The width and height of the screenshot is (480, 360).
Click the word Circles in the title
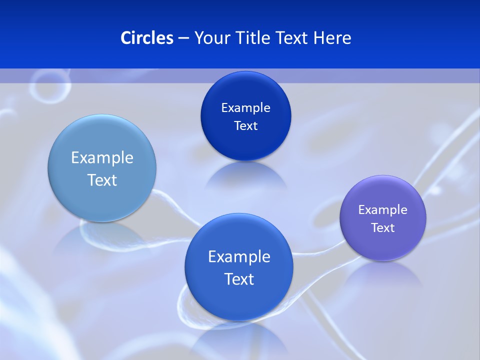146,38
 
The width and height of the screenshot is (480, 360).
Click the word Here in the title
332,38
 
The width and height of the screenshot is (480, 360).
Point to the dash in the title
183,38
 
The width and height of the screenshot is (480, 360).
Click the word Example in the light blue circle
102,158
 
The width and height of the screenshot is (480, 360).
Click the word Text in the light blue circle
102,180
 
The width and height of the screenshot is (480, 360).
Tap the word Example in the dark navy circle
245,108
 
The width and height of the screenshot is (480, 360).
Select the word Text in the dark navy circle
245,126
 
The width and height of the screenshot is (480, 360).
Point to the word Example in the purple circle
383,210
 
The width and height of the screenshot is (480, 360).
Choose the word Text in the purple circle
383,228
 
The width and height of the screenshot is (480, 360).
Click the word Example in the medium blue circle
239,257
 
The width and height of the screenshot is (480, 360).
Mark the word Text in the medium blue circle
239,279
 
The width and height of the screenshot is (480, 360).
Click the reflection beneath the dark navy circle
245,175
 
